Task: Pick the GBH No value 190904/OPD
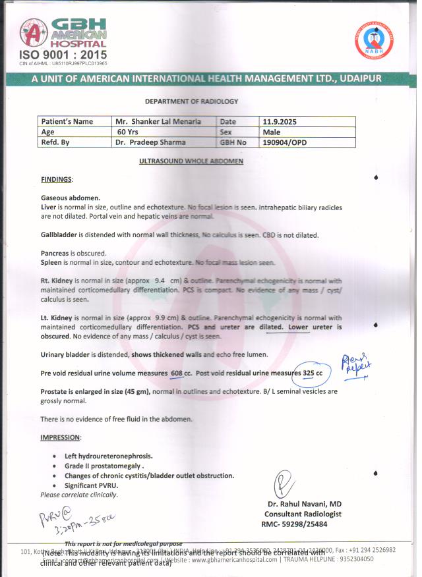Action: (x=285, y=142)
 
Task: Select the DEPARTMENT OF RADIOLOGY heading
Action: (x=191, y=101)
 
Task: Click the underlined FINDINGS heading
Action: (x=57, y=179)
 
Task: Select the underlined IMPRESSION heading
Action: (x=61, y=437)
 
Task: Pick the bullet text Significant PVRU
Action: (x=93, y=485)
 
